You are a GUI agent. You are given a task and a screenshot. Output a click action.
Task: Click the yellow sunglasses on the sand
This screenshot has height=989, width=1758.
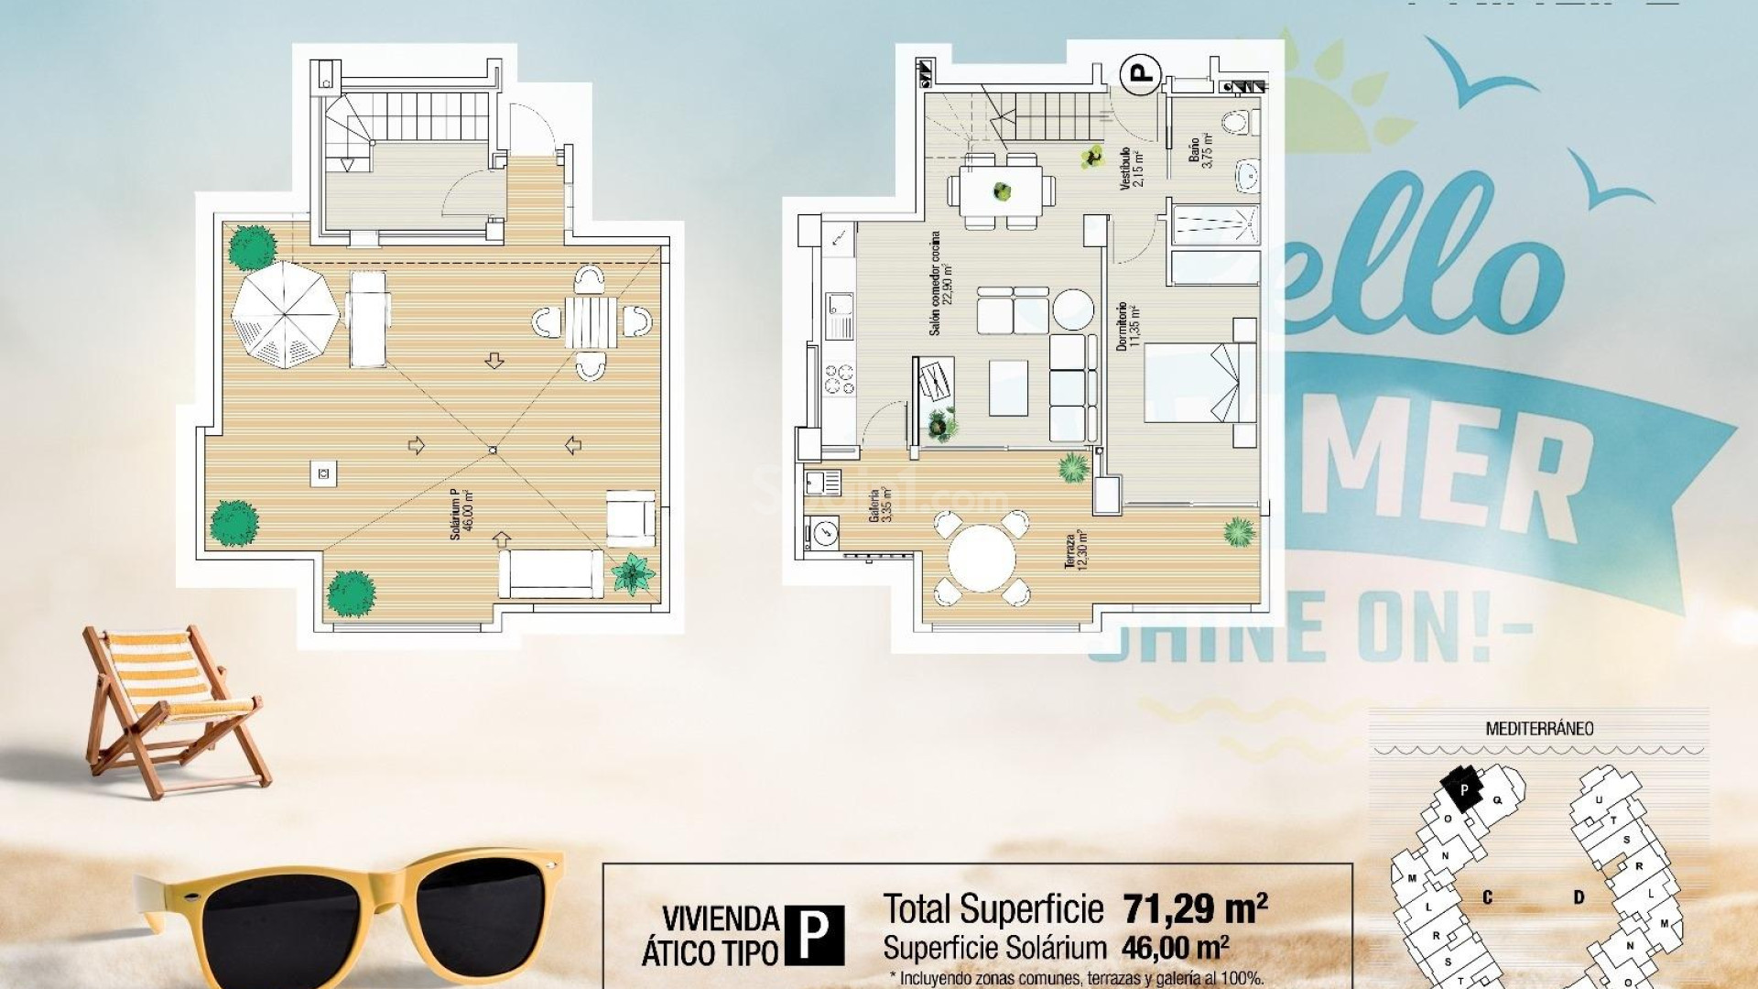(x=348, y=916)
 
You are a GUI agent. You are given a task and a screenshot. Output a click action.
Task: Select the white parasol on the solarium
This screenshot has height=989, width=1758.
(x=285, y=314)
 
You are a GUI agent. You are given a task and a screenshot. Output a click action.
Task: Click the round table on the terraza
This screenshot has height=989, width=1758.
(x=982, y=558)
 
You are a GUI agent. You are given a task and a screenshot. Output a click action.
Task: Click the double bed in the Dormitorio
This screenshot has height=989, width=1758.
(x=1190, y=382)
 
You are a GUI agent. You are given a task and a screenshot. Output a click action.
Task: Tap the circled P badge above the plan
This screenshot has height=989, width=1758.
(x=1142, y=72)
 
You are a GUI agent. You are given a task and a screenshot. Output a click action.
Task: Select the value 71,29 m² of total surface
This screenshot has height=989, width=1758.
(x=1195, y=908)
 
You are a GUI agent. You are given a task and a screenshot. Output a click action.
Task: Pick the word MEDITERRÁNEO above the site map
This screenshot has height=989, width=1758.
(x=1539, y=729)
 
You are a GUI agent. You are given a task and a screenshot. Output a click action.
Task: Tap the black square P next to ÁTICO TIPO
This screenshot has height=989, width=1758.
(x=814, y=935)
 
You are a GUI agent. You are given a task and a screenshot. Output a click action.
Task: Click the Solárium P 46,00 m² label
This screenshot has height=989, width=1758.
(x=461, y=515)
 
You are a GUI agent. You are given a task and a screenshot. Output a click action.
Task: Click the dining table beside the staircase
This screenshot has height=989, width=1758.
(x=1002, y=191)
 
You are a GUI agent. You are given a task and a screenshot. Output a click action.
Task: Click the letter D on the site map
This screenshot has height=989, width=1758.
(x=1579, y=897)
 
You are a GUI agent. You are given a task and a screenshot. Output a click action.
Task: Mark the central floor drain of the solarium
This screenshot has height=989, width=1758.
(x=493, y=449)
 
